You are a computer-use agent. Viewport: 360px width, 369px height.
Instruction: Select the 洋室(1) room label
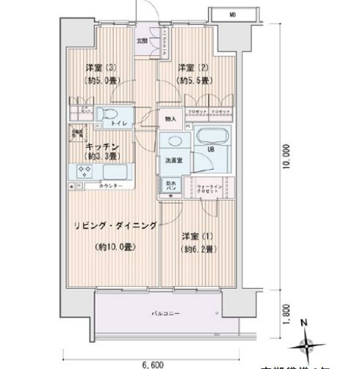pos(191,236)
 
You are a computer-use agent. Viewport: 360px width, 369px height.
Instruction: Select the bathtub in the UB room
pos(214,137)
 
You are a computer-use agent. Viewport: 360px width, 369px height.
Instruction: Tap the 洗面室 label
pos(173,160)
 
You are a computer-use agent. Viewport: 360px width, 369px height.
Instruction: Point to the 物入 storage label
pos(170,118)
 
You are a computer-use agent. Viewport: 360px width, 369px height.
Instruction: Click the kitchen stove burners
pos(82,172)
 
